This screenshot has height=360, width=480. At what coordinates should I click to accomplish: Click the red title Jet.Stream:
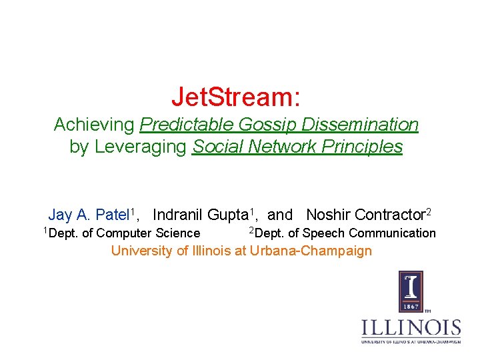pyautogui.click(x=236, y=97)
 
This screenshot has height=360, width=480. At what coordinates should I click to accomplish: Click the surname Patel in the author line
pyautogui.click(x=112, y=215)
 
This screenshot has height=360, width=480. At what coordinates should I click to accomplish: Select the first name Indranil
pyautogui.click(x=178, y=215)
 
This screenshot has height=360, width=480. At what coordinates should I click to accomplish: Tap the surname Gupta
pyautogui.click(x=227, y=215)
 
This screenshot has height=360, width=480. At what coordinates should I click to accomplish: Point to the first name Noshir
pyautogui.click(x=329, y=215)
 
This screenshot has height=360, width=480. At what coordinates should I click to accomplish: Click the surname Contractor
pyautogui.click(x=390, y=215)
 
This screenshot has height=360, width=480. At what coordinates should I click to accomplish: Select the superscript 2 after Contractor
pyautogui.click(x=429, y=212)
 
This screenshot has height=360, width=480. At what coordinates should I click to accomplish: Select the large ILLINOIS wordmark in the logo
pyautogui.click(x=411, y=328)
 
